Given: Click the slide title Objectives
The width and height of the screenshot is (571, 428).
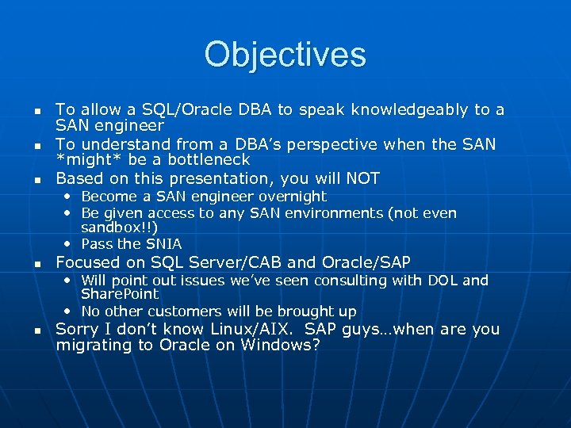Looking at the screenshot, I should [285, 55].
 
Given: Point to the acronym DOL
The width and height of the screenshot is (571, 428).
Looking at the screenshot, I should [443, 281].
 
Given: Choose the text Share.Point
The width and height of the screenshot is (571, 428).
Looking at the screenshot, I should [120, 295].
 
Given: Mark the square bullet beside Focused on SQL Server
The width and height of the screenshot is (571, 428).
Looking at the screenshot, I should [38, 264].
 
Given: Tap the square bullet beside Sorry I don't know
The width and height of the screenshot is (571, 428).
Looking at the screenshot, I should [38, 331].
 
